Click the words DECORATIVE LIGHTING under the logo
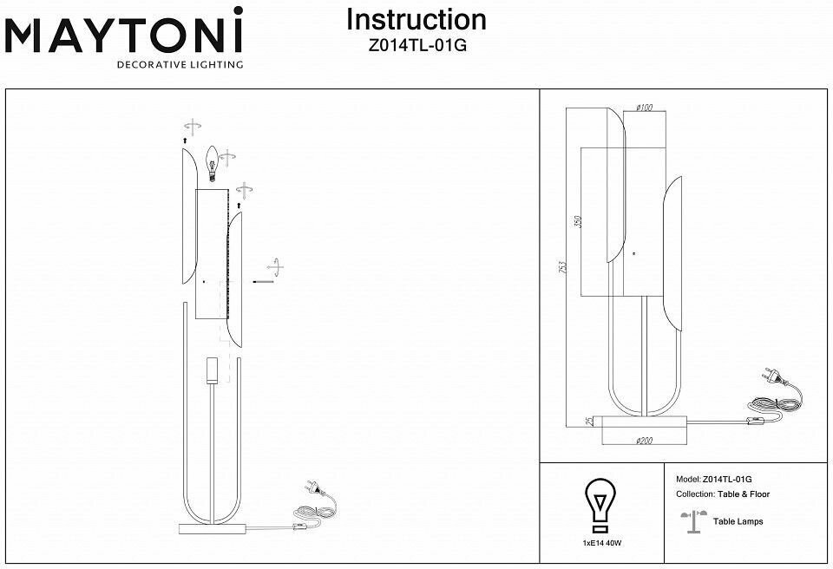click(180, 65)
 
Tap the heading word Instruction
click(416, 20)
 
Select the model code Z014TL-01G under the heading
click(416, 47)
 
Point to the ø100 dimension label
click(644, 108)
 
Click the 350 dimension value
click(578, 222)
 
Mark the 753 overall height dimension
click(561, 270)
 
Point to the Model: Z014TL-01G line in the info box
click(714, 479)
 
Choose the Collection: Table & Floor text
click(723, 494)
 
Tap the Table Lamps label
click(738, 521)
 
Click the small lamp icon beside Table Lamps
click(691, 518)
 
